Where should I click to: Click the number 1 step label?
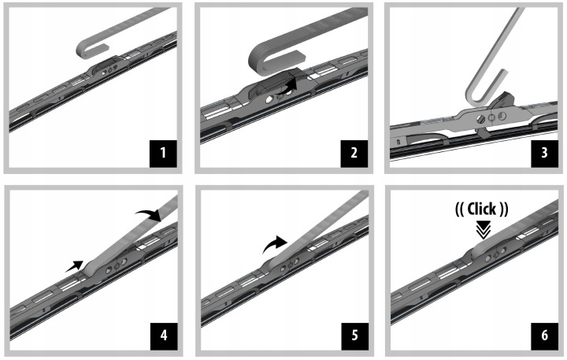[163, 154]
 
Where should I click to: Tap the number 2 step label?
[354, 154]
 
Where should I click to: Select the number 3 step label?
[544, 154]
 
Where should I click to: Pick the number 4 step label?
[164, 336]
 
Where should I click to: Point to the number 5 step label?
[354, 336]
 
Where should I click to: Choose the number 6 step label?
[545, 336]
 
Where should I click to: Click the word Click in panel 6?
[482, 209]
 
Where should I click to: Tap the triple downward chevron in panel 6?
[484, 230]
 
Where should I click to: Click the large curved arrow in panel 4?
[149, 214]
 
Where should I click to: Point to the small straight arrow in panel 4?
[75, 266]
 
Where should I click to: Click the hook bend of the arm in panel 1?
[80, 50]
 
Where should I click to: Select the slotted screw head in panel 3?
[480, 120]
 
